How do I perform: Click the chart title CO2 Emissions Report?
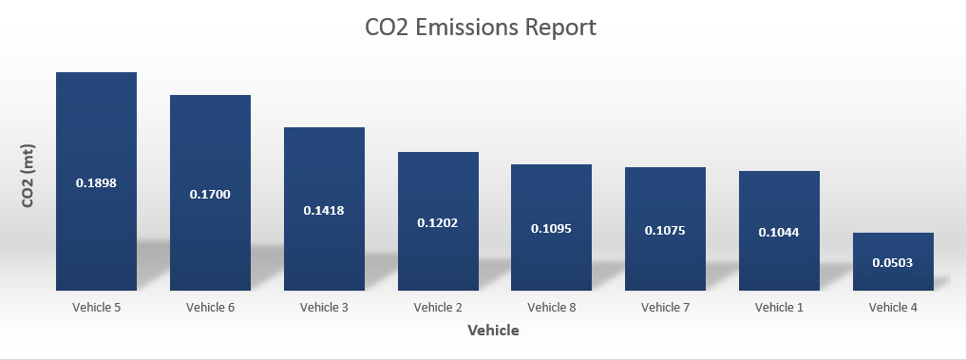(481, 28)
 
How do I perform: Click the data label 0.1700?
(210, 194)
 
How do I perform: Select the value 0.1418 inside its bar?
(324, 210)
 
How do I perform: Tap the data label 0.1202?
(438, 222)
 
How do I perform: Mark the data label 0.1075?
(665, 230)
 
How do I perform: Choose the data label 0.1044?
(779, 232)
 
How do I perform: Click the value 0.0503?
(893, 262)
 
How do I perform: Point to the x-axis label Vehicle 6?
(210, 307)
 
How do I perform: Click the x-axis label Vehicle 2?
(438, 307)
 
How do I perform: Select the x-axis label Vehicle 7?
(665, 307)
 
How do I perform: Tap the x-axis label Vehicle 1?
(779, 307)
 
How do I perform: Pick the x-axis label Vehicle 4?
(893, 307)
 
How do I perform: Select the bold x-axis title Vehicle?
(493, 331)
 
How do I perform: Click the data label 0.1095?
(551, 229)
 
